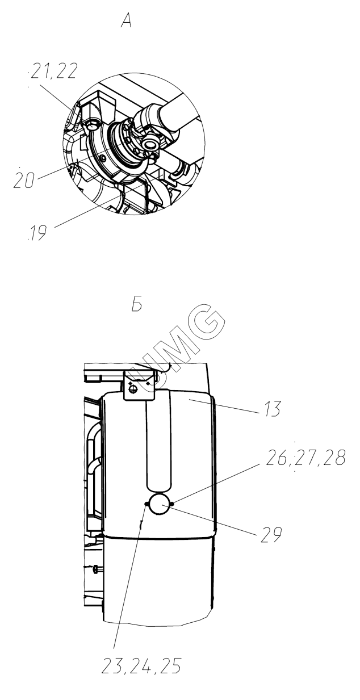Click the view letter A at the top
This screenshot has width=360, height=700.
126,21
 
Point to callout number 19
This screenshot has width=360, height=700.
37,233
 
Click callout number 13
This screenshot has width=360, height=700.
273,409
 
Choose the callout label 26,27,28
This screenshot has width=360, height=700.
305,458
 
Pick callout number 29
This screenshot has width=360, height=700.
271,535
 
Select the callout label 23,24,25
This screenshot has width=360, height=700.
141,666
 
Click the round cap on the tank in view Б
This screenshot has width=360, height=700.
160,504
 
